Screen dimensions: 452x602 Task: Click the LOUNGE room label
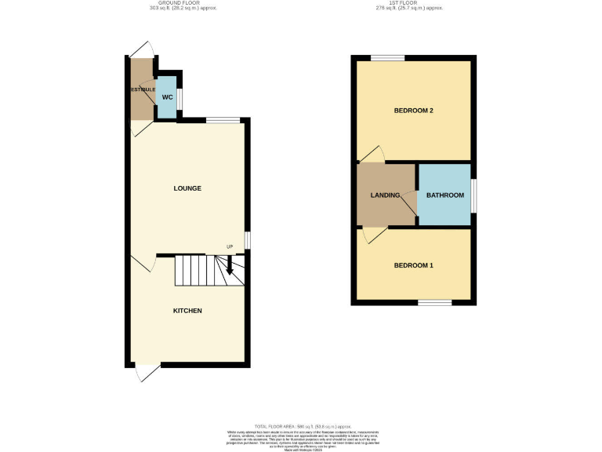click(x=187, y=188)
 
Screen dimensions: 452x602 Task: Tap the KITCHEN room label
click(x=187, y=311)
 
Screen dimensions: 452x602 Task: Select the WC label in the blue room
click(x=166, y=97)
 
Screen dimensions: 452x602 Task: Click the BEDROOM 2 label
click(x=413, y=111)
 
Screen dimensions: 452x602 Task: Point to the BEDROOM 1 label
click(x=413, y=265)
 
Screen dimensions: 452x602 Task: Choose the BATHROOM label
click(x=444, y=195)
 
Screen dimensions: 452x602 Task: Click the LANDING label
click(x=386, y=195)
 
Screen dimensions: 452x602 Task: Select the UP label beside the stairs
click(x=230, y=248)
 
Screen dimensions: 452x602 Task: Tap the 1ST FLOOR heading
click(x=409, y=3)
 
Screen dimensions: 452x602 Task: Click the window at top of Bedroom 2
click(x=388, y=57)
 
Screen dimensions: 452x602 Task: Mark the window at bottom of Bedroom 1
click(x=434, y=302)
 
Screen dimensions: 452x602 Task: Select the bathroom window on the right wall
click(x=473, y=195)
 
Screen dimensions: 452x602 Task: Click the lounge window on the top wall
click(x=223, y=120)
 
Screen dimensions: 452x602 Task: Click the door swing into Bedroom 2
click(x=373, y=155)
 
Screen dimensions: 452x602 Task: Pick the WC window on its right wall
click(x=180, y=99)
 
